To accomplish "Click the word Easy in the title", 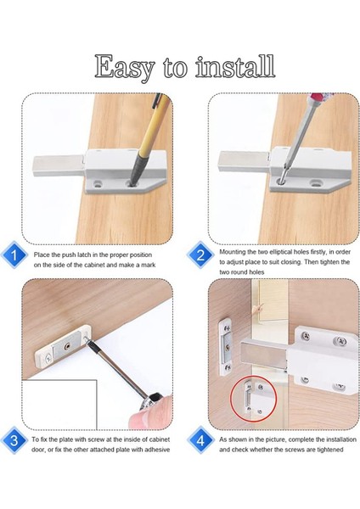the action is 125,67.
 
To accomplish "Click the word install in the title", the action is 236,66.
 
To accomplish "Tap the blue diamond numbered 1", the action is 14,255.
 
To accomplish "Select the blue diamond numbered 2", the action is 200,255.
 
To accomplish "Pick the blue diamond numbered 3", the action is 14,440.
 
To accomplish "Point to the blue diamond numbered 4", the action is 200,440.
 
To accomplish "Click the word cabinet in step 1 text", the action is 94,265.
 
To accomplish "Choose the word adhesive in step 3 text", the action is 157,450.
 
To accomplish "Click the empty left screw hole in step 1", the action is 97,184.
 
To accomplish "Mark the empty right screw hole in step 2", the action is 315,183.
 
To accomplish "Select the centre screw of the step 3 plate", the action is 68,346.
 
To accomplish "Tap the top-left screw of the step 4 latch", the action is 306,336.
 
